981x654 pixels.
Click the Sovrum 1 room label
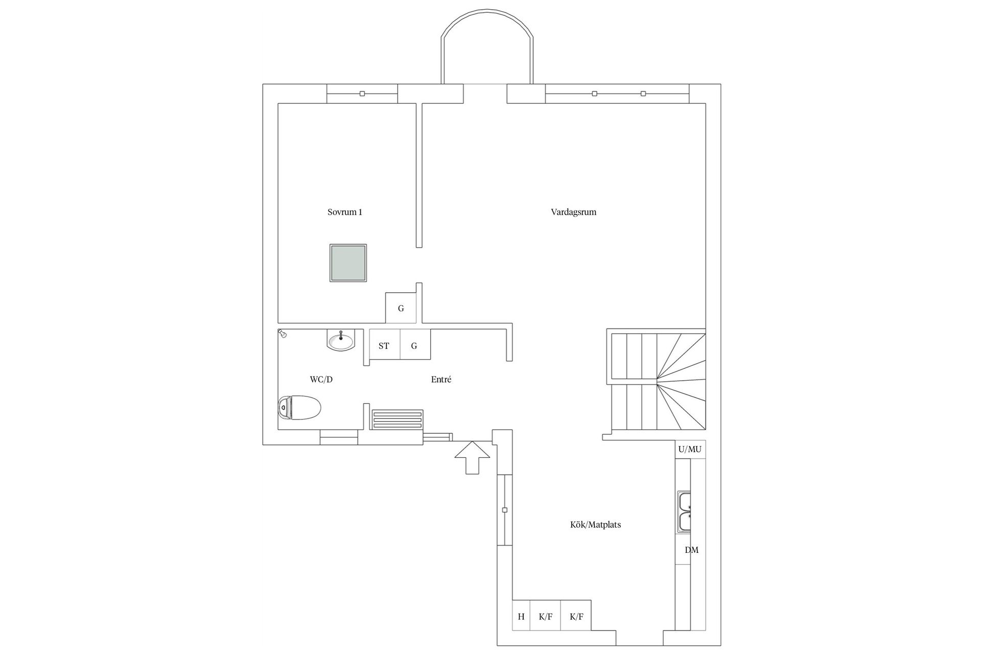(345, 212)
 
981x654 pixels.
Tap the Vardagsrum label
(574, 212)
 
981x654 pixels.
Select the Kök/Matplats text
(596, 525)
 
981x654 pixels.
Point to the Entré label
(441, 380)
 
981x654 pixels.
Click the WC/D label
(321, 380)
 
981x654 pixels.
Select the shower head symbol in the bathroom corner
(282, 334)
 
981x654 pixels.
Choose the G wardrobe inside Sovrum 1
(401, 308)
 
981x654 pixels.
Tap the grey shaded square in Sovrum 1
(348, 263)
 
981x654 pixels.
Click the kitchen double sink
(684, 512)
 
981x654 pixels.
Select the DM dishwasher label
(691, 550)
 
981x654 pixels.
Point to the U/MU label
(690, 450)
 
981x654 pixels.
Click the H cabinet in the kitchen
(521, 616)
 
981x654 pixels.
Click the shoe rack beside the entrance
(398, 419)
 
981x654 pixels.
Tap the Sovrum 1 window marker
(362, 94)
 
